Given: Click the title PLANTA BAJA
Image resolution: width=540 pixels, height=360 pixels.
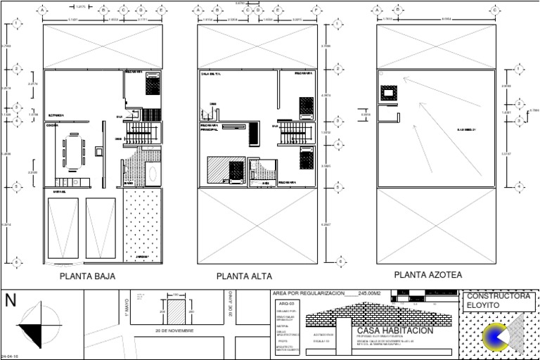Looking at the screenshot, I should click(87, 276).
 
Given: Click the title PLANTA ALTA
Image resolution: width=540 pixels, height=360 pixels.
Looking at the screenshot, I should click(244, 276).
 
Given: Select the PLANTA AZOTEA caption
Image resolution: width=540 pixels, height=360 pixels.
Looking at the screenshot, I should click(427, 275).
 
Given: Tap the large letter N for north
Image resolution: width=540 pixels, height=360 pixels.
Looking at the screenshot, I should click(11, 301).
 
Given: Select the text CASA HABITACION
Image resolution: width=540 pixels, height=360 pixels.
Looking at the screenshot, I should click(395, 330).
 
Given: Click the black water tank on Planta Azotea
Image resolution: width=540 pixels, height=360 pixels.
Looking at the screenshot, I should click(388, 93).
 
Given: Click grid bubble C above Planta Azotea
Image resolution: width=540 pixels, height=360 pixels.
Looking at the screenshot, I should click(495, 11).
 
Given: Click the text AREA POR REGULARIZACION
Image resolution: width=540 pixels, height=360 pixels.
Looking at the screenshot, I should click(309, 292).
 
